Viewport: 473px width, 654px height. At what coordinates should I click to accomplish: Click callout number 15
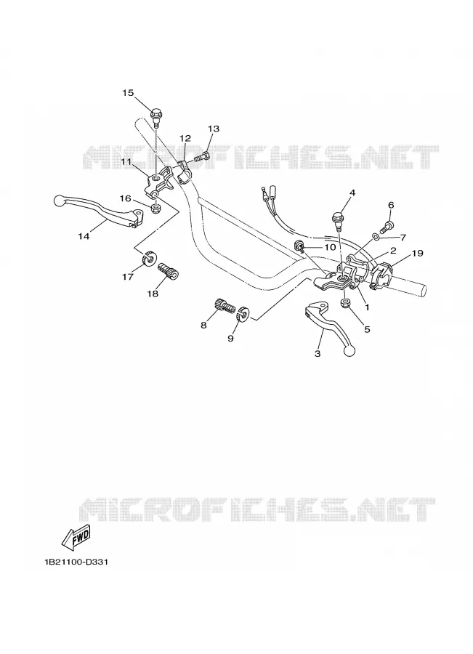coord(128,92)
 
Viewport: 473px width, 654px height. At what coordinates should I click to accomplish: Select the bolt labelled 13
coord(202,158)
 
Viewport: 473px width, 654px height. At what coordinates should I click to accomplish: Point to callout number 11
coord(127,161)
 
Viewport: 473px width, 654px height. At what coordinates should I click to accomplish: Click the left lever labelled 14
coord(100,211)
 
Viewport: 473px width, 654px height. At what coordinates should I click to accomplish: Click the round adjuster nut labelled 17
coord(147,259)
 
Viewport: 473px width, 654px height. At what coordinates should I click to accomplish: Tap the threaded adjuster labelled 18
coord(169,270)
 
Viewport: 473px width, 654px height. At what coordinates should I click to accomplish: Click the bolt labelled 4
coord(337,219)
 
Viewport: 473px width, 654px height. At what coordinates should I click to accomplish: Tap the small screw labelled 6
coord(387,227)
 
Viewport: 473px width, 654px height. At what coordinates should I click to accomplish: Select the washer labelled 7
coord(376,236)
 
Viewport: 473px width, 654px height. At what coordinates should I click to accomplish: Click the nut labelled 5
coord(346,303)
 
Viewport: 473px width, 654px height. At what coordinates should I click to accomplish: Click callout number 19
coord(418,253)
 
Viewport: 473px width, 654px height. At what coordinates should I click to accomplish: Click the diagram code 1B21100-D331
coord(76,562)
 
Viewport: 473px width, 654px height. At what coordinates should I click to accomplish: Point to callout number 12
coord(185,138)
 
